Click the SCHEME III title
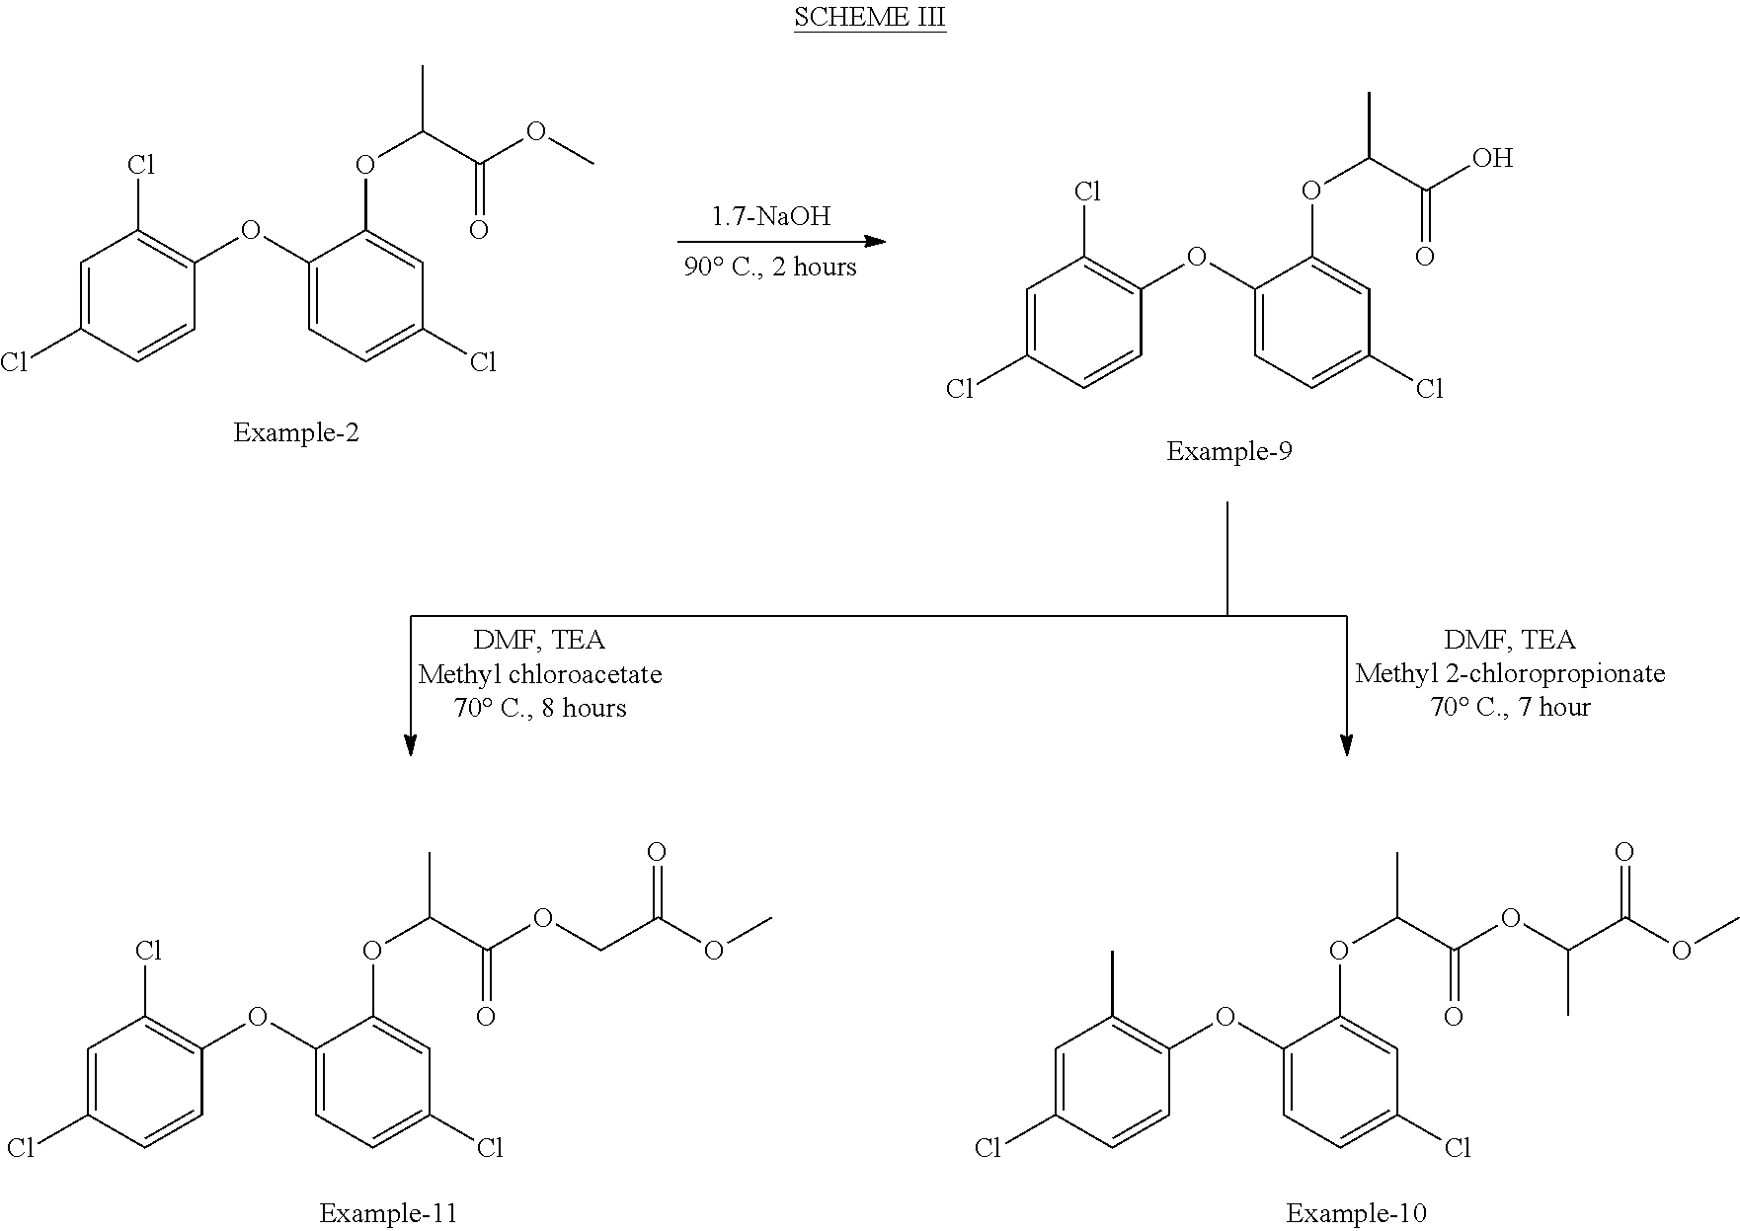870,19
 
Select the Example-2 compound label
296,432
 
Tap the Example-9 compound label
1229,452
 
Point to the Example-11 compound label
388,1214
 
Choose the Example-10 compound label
1356,1214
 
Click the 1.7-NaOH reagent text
771,216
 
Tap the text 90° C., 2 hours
770,267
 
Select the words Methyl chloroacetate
540,674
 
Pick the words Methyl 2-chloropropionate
1510,674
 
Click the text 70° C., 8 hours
540,708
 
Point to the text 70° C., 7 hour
1510,707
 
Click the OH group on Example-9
1491,158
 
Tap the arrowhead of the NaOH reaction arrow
875,241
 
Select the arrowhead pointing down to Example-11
410,745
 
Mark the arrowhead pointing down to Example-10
1347,745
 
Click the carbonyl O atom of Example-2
479,231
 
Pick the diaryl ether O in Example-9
1197,259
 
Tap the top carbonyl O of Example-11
656,852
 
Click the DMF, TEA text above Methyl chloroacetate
539,641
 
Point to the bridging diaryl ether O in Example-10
1226,1017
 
